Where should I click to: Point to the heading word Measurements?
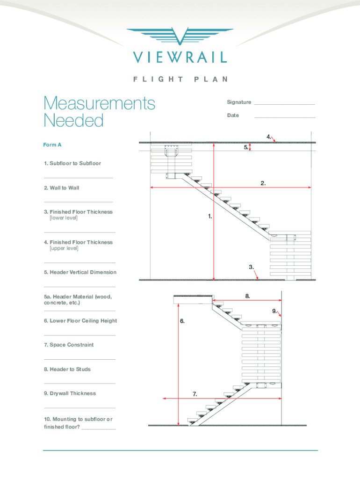click(99, 103)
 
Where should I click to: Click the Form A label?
click(52, 145)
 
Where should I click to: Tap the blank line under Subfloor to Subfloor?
click(78, 178)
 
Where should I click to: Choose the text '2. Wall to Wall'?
click(62, 188)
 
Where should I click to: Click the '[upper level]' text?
click(64, 248)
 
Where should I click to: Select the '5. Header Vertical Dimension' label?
click(80, 272)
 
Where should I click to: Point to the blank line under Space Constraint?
click(79, 359)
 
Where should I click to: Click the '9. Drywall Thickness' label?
click(70, 393)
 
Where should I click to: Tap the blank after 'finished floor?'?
click(99, 428)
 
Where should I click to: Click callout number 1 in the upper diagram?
click(210, 217)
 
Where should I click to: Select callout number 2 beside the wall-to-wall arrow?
click(264, 183)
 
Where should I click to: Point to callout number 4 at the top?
click(269, 137)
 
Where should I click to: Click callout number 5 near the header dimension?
click(245, 147)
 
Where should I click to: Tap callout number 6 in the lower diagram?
click(182, 321)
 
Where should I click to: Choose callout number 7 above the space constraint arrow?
click(194, 394)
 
